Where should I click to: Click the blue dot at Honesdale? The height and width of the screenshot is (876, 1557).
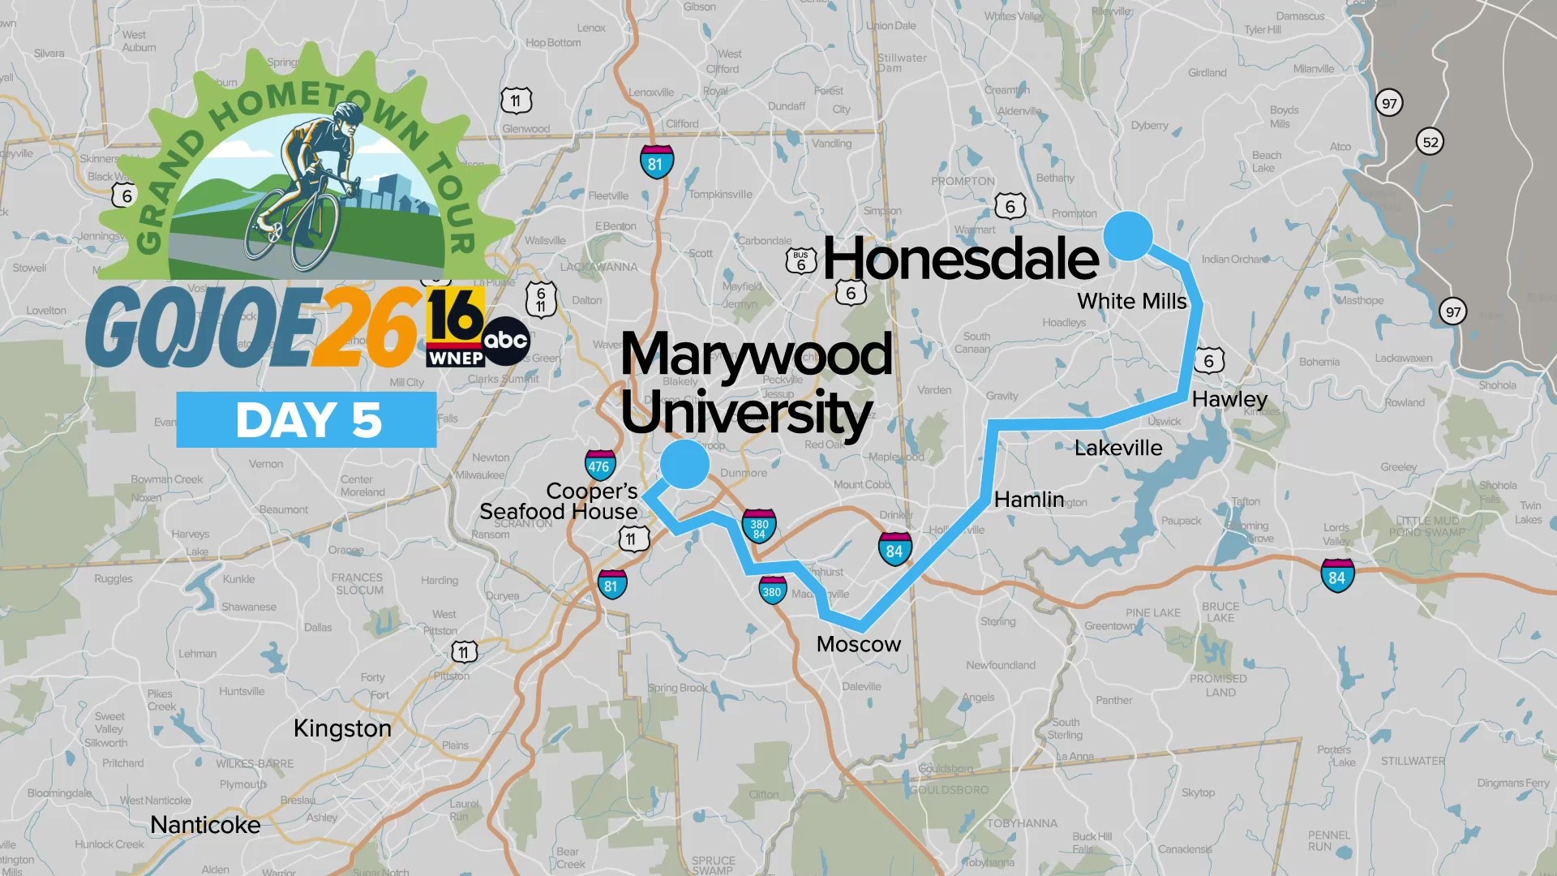click(x=1128, y=235)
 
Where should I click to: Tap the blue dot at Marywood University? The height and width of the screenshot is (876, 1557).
click(x=684, y=464)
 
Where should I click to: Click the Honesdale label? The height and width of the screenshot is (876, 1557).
click(x=961, y=260)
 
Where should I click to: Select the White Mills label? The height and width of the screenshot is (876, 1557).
click(x=1131, y=301)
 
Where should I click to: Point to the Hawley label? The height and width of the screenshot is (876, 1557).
click(x=1229, y=399)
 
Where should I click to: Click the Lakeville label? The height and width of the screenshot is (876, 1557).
click(x=1117, y=448)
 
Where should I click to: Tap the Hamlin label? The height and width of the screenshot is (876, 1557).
click(x=1028, y=500)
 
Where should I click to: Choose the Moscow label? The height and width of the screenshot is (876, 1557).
click(x=858, y=644)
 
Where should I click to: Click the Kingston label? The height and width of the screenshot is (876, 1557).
click(x=342, y=728)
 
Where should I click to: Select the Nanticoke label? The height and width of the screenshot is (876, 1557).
click(x=205, y=825)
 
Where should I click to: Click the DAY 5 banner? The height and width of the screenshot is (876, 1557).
click(x=307, y=420)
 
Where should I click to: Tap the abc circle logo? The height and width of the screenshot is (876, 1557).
click(x=506, y=340)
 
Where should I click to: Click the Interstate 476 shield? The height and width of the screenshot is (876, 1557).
click(x=599, y=466)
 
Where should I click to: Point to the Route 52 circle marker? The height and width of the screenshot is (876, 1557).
click(x=1430, y=142)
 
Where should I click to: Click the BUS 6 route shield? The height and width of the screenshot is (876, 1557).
click(x=800, y=260)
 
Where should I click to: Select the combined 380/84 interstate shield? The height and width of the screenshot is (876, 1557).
click(x=759, y=526)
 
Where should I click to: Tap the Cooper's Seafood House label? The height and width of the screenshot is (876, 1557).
click(x=559, y=501)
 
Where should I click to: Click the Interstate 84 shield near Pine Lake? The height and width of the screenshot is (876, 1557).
click(x=1336, y=577)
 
